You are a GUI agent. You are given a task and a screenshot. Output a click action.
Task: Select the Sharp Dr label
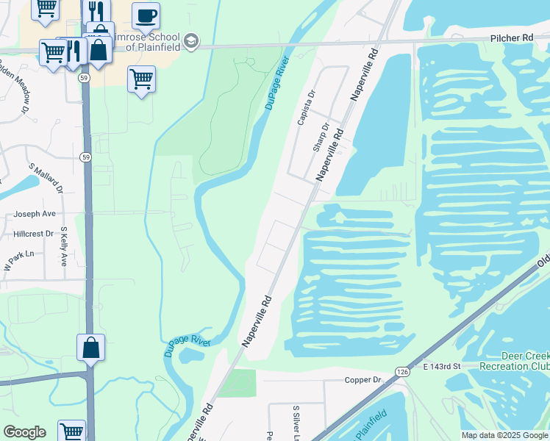(319, 137)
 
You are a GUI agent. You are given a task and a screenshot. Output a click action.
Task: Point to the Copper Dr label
(364, 380)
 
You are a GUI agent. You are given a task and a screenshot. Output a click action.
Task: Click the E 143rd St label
(441, 365)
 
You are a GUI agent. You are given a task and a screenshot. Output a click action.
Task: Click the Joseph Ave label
(35, 214)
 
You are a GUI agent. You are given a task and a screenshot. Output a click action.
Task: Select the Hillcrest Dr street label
(34, 234)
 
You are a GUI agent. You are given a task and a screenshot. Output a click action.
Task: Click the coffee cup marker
(146, 15)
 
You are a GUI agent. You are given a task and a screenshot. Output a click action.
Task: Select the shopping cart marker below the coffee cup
(140, 78)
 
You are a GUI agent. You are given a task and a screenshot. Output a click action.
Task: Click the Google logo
(24, 432)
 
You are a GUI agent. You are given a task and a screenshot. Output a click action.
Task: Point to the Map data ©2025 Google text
(504, 435)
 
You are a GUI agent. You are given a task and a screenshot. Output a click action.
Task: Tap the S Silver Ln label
(296, 419)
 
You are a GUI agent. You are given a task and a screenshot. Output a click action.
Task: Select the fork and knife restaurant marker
(97, 10)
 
